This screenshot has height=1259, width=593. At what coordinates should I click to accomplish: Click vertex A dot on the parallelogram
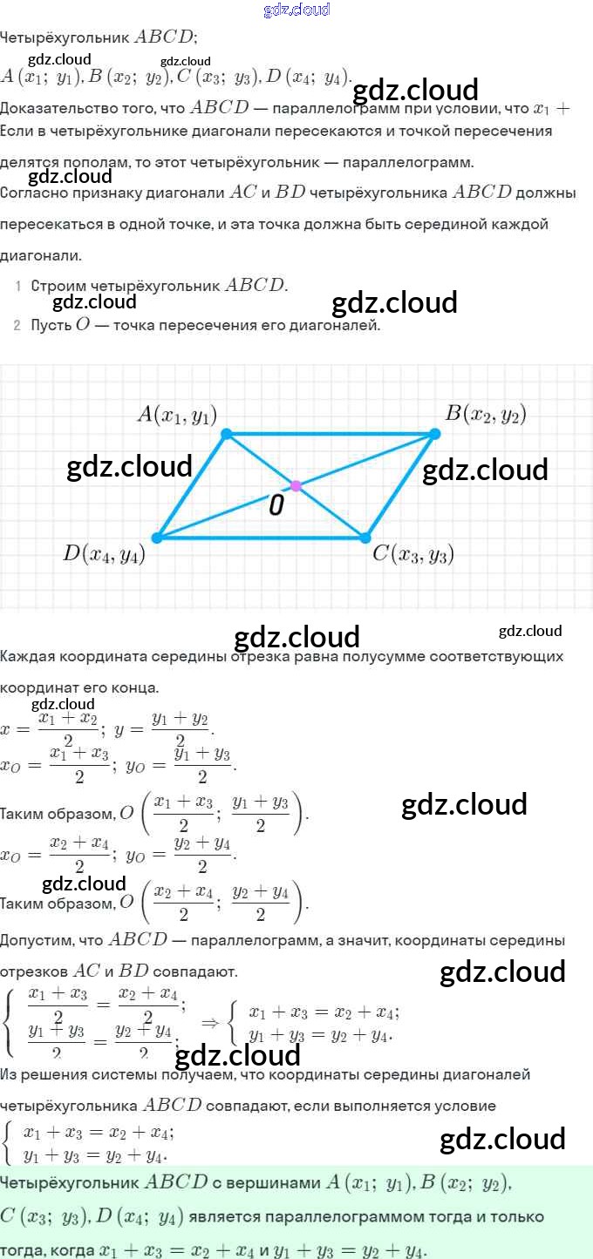[227, 433]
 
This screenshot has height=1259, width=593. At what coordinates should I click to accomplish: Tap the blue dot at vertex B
[435, 433]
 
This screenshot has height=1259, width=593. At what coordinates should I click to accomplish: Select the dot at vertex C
[365, 538]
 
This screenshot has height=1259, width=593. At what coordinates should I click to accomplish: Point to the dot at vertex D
[157, 538]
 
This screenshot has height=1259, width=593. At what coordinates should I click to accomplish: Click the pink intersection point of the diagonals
[296, 485]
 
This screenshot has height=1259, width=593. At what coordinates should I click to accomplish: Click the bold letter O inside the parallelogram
[276, 505]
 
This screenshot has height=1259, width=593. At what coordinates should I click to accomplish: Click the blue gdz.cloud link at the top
[296, 10]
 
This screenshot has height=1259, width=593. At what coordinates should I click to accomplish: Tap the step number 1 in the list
[17, 286]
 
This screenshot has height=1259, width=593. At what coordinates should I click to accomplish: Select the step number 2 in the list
[17, 326]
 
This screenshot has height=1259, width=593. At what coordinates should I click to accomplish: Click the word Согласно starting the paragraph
[33, 193]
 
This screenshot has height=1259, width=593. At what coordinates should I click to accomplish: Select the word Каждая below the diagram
[27, 656]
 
